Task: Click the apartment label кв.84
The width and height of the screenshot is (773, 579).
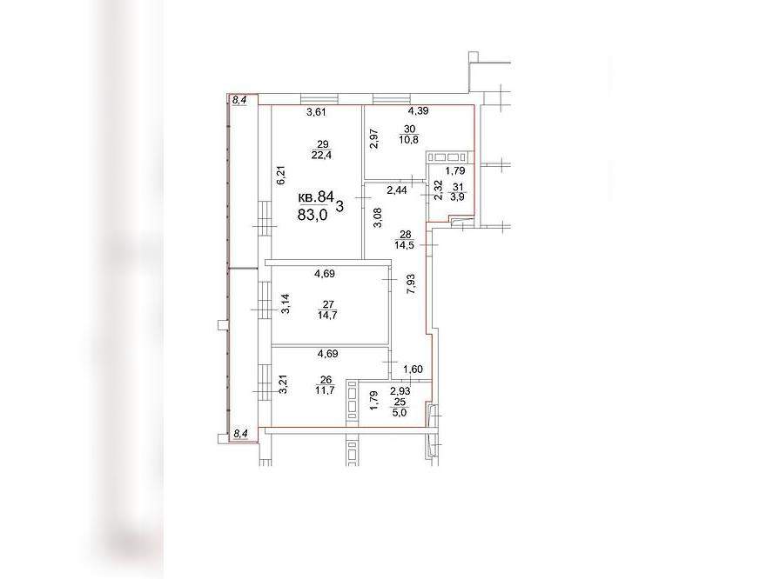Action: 316,198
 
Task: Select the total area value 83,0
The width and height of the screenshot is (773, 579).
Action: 313,215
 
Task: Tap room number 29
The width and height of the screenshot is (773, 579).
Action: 323,144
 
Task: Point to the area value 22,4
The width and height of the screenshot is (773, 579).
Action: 322,155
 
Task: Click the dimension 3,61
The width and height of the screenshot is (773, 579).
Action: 317,112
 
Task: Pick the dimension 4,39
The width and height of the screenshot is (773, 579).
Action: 418,111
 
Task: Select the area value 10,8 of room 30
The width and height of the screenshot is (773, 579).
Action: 409,140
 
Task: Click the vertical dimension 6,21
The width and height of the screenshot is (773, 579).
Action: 281,176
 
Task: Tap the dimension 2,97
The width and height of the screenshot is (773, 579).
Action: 374,138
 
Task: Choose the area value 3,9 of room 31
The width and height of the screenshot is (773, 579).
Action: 459,197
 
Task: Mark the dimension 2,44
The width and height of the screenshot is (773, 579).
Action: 397,190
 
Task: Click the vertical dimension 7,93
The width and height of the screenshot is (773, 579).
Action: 410,284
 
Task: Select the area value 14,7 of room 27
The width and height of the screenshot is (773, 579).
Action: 328,316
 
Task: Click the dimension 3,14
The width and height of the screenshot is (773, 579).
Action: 286,303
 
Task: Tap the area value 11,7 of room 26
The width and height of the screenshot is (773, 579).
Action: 326,390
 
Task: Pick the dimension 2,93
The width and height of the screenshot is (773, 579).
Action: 400,392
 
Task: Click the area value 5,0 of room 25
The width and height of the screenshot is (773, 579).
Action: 400,413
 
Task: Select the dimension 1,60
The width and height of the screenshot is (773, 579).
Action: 413,369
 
